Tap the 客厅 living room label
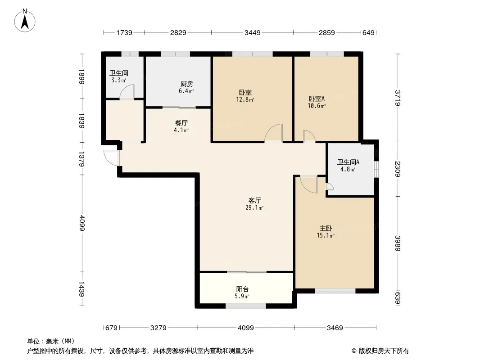pyautogui.click(x=255, y=200)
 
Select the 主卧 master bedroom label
pyautogui.click(x=326, y=229)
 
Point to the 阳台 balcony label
pyautogui.click(x=242, y=289)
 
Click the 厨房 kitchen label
pyautogui.click(x=186, y=84)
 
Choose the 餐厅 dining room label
pyautogui.click(x=181, y=123)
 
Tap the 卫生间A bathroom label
pyautogui.click(x=348, y=162)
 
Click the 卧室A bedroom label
pyautogui.click(x=317, y=99)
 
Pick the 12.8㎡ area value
pyautogui.click(x=245, y=99)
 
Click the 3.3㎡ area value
pyautogui.click(x=119, y=81)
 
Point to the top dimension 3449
pyautogui.click(x=252, y=32)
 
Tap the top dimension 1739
pyautogui.click(x=124, y=32)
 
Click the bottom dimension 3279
pyautogui.click(x=158, y=328)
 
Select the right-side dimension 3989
pyautogui.click(x=397, y=243)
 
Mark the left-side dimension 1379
pyautogui.click(x=82, y=159)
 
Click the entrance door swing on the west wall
pyautogui.click(x=112, y=158)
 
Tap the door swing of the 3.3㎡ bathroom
pyautogui.click(x=127, y=92)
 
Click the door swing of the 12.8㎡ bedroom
pyautogui.click(x=273, y=133)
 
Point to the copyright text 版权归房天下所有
pyautogui.click(x=384, y=351)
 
